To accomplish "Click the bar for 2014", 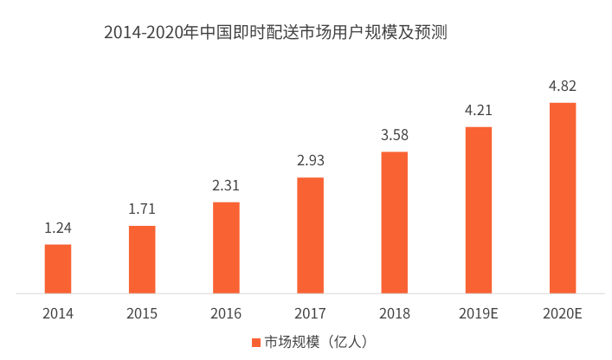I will pos(58,269).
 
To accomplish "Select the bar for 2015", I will pos(142,260).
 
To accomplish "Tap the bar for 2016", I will pos(226,247).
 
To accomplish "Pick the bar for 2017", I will pos(310,235).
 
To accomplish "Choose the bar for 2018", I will pos(394,222).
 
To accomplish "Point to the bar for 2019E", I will pos(479,210).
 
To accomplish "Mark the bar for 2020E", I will pos(563,198).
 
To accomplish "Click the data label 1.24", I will pos(58,228).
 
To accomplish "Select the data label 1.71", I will pos(142,210).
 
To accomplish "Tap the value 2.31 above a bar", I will pos(226,185).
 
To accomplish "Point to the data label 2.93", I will pos(310,161).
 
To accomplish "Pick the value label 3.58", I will pos(394,135).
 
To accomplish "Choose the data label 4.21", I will pos(479,111).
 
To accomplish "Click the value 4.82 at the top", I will pos(563,86).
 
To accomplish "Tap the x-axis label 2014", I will pos(58,313).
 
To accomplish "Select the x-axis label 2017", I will pos(310,313).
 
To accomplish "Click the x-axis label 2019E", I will pos(479,313).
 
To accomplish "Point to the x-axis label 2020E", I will pos(563,313).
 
